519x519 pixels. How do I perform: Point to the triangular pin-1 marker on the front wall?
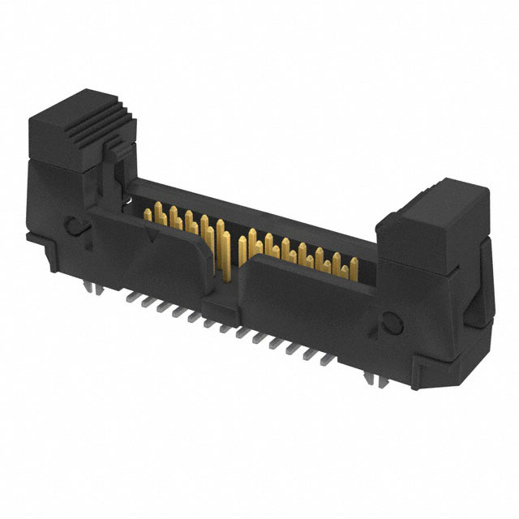151,237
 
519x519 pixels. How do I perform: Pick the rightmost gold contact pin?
354,266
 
